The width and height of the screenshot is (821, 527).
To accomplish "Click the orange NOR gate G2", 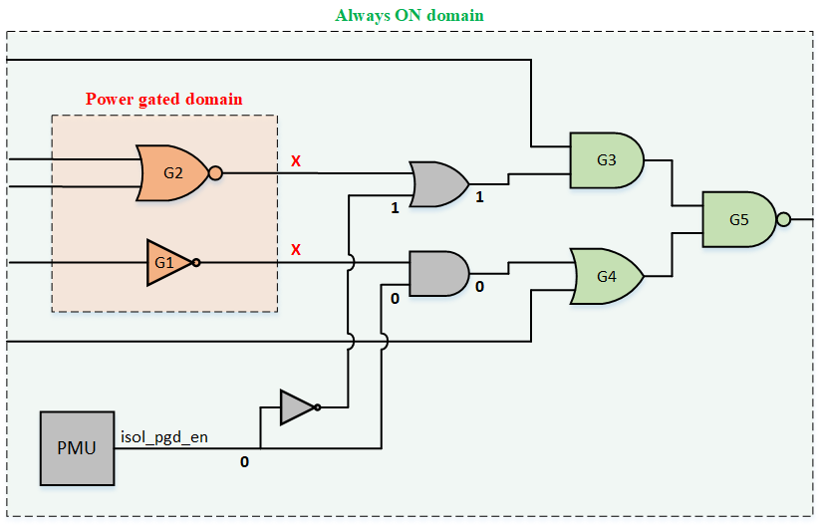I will pos(172,172).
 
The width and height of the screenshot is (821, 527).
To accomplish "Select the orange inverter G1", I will pos(166,262).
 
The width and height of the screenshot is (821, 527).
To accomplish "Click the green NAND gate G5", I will pos(738,219).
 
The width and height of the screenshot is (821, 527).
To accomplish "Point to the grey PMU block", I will pos(77,447).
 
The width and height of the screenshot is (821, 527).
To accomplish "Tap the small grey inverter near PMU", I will pos(298,406).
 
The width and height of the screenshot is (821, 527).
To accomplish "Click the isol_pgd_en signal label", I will pos(164,436).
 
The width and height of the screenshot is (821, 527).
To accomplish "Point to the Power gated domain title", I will pos(164,100).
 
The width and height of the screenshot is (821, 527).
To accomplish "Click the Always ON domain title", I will pos(410,16).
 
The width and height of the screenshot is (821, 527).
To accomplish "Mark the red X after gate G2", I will pos(295,160).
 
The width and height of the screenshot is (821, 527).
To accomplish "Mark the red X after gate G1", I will pos(295,249).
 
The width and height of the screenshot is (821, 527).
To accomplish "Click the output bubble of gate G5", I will pos(784,219).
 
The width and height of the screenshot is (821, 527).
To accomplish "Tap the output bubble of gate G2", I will pos(215,172).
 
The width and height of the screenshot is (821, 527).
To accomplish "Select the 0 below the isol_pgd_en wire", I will pos(244,462).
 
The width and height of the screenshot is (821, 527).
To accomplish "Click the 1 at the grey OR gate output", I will pos(479,198).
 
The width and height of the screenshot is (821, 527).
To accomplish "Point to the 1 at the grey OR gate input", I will pos(396,208).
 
